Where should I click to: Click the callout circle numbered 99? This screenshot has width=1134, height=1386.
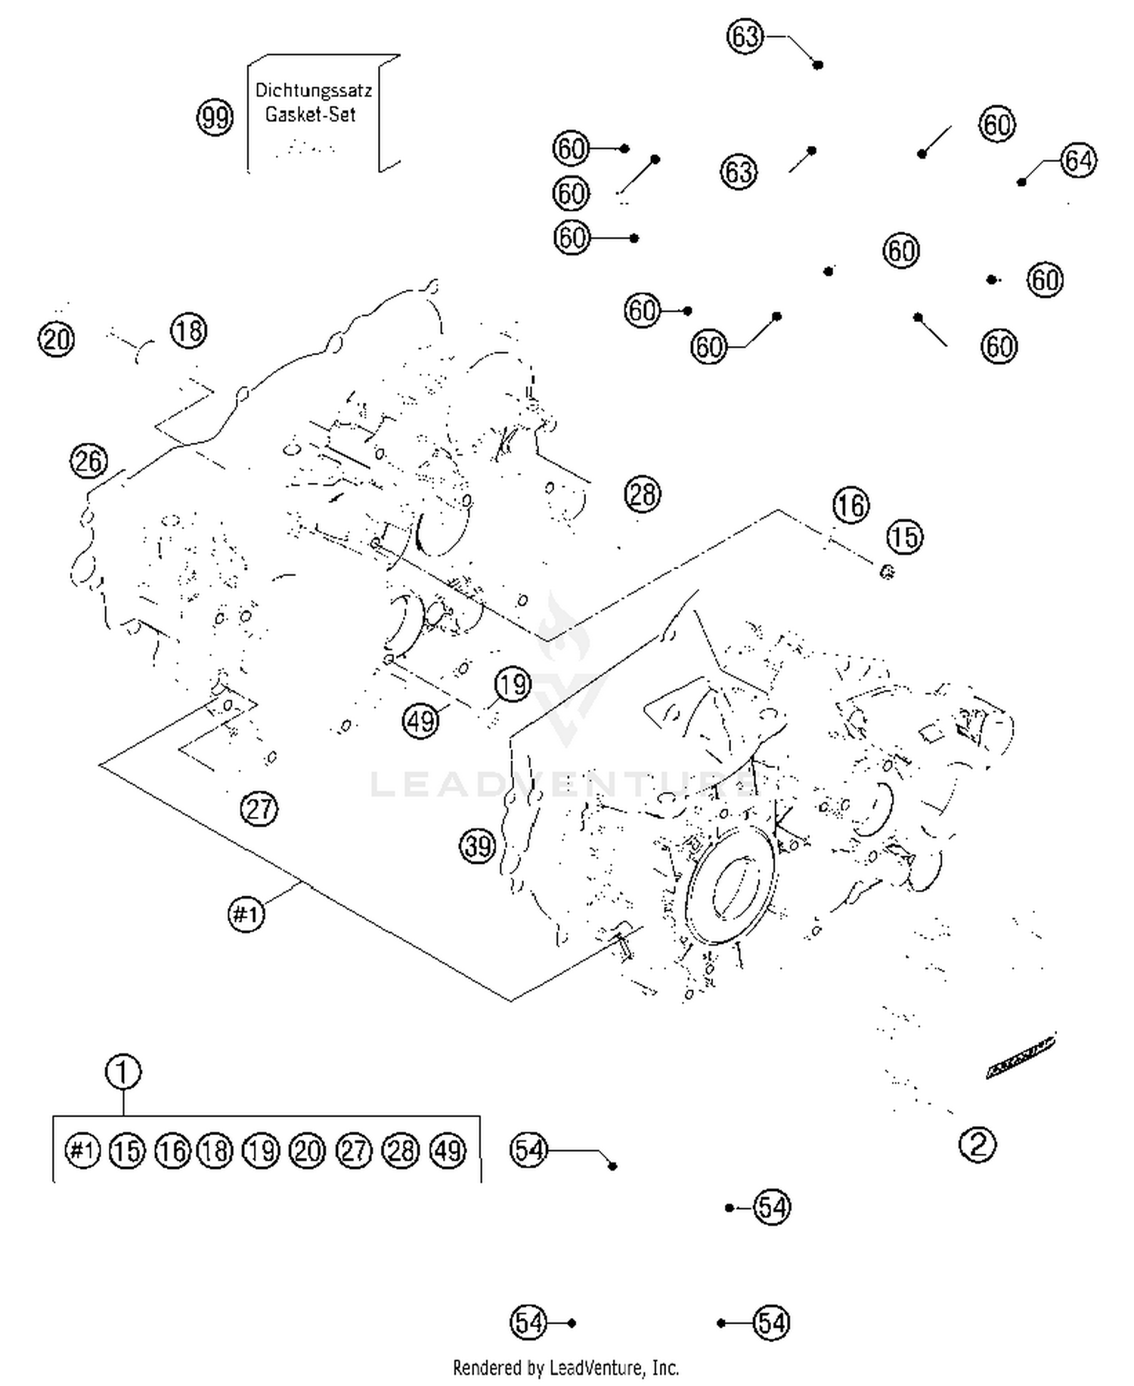coord(215,118)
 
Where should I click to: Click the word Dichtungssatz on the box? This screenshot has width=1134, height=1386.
coord(313,91)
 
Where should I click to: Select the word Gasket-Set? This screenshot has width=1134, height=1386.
coord(310,116)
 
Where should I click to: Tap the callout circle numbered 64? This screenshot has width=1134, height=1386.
coord(1077,160)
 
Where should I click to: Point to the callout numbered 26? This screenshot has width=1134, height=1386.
coord(88,461)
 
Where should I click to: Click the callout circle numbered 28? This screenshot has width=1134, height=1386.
coord(643,495)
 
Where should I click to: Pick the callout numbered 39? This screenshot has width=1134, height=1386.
coord(478,846)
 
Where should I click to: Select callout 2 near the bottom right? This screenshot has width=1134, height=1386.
coord(977,1143)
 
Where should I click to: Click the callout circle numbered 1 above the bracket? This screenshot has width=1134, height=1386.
coord(123,1072)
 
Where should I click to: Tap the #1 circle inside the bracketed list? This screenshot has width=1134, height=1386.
coord(82,1150)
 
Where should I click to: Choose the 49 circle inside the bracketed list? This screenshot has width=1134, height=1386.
coord(448,1150)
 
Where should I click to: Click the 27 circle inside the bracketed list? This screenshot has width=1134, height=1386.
coord(354,1150)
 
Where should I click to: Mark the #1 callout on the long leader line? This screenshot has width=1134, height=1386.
coord(246,914)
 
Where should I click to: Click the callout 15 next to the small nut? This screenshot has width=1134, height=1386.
coord(904,537)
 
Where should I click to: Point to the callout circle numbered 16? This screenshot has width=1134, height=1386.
coord(851,506)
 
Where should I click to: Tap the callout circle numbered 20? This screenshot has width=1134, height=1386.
coord(57,339)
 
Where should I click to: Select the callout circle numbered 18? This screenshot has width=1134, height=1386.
coord(188,331)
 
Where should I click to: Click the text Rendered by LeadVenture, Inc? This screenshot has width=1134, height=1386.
coord(565,1367)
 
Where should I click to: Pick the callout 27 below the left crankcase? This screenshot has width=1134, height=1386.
coord(259,809)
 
